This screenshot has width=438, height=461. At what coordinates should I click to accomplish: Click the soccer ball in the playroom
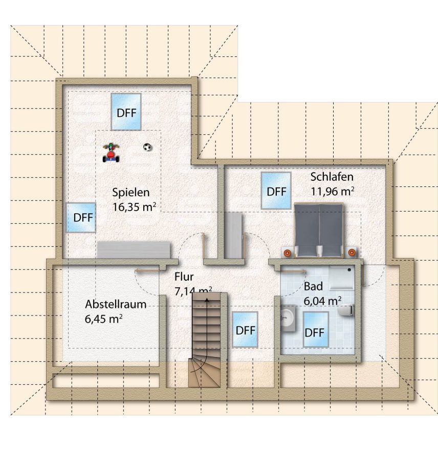147,147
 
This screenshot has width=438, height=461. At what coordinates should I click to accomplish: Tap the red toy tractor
111,153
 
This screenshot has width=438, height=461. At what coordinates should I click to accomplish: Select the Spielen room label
131,193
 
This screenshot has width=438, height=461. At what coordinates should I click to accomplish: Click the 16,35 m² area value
134,207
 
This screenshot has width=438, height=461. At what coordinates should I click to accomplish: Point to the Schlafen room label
332,177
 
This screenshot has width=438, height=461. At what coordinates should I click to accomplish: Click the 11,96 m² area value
332,191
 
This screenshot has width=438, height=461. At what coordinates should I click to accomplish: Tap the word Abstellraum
116,304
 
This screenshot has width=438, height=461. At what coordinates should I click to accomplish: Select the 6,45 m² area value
104,319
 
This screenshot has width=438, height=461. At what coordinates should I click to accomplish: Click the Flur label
184,277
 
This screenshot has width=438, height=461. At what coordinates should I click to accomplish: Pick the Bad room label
313,286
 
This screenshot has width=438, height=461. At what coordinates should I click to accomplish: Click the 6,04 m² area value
322,301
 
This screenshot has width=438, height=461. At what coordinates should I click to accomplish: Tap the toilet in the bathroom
346,310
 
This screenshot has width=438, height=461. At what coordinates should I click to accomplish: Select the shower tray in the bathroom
341,278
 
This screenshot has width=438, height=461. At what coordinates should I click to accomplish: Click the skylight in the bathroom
316,329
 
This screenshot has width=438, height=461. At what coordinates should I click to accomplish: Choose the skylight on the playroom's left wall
81,218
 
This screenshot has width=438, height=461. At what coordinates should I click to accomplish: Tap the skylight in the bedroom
276,191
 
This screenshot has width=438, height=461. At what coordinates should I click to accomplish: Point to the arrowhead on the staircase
207,300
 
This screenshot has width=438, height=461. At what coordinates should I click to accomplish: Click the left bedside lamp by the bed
287,252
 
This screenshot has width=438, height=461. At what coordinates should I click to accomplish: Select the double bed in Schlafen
319,230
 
